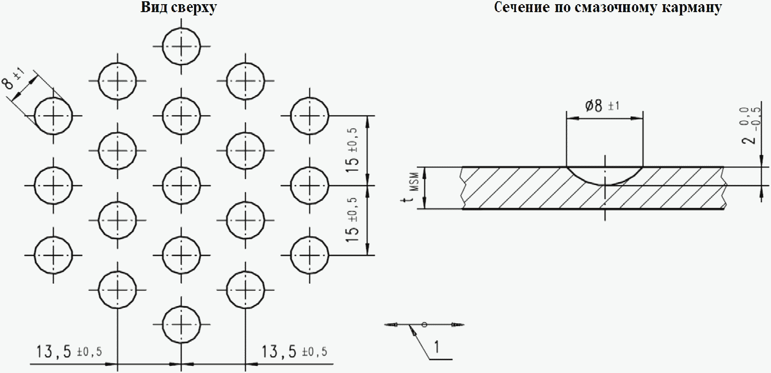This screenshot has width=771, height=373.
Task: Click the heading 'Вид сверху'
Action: pos(179,8)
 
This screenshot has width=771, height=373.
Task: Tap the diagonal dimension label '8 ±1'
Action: pos(13,78)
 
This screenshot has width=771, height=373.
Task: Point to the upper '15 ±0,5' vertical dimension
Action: pos(352,151)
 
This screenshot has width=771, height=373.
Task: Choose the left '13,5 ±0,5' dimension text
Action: pos(69,351)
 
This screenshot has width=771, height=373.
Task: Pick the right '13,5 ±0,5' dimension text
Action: pos(294,351)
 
